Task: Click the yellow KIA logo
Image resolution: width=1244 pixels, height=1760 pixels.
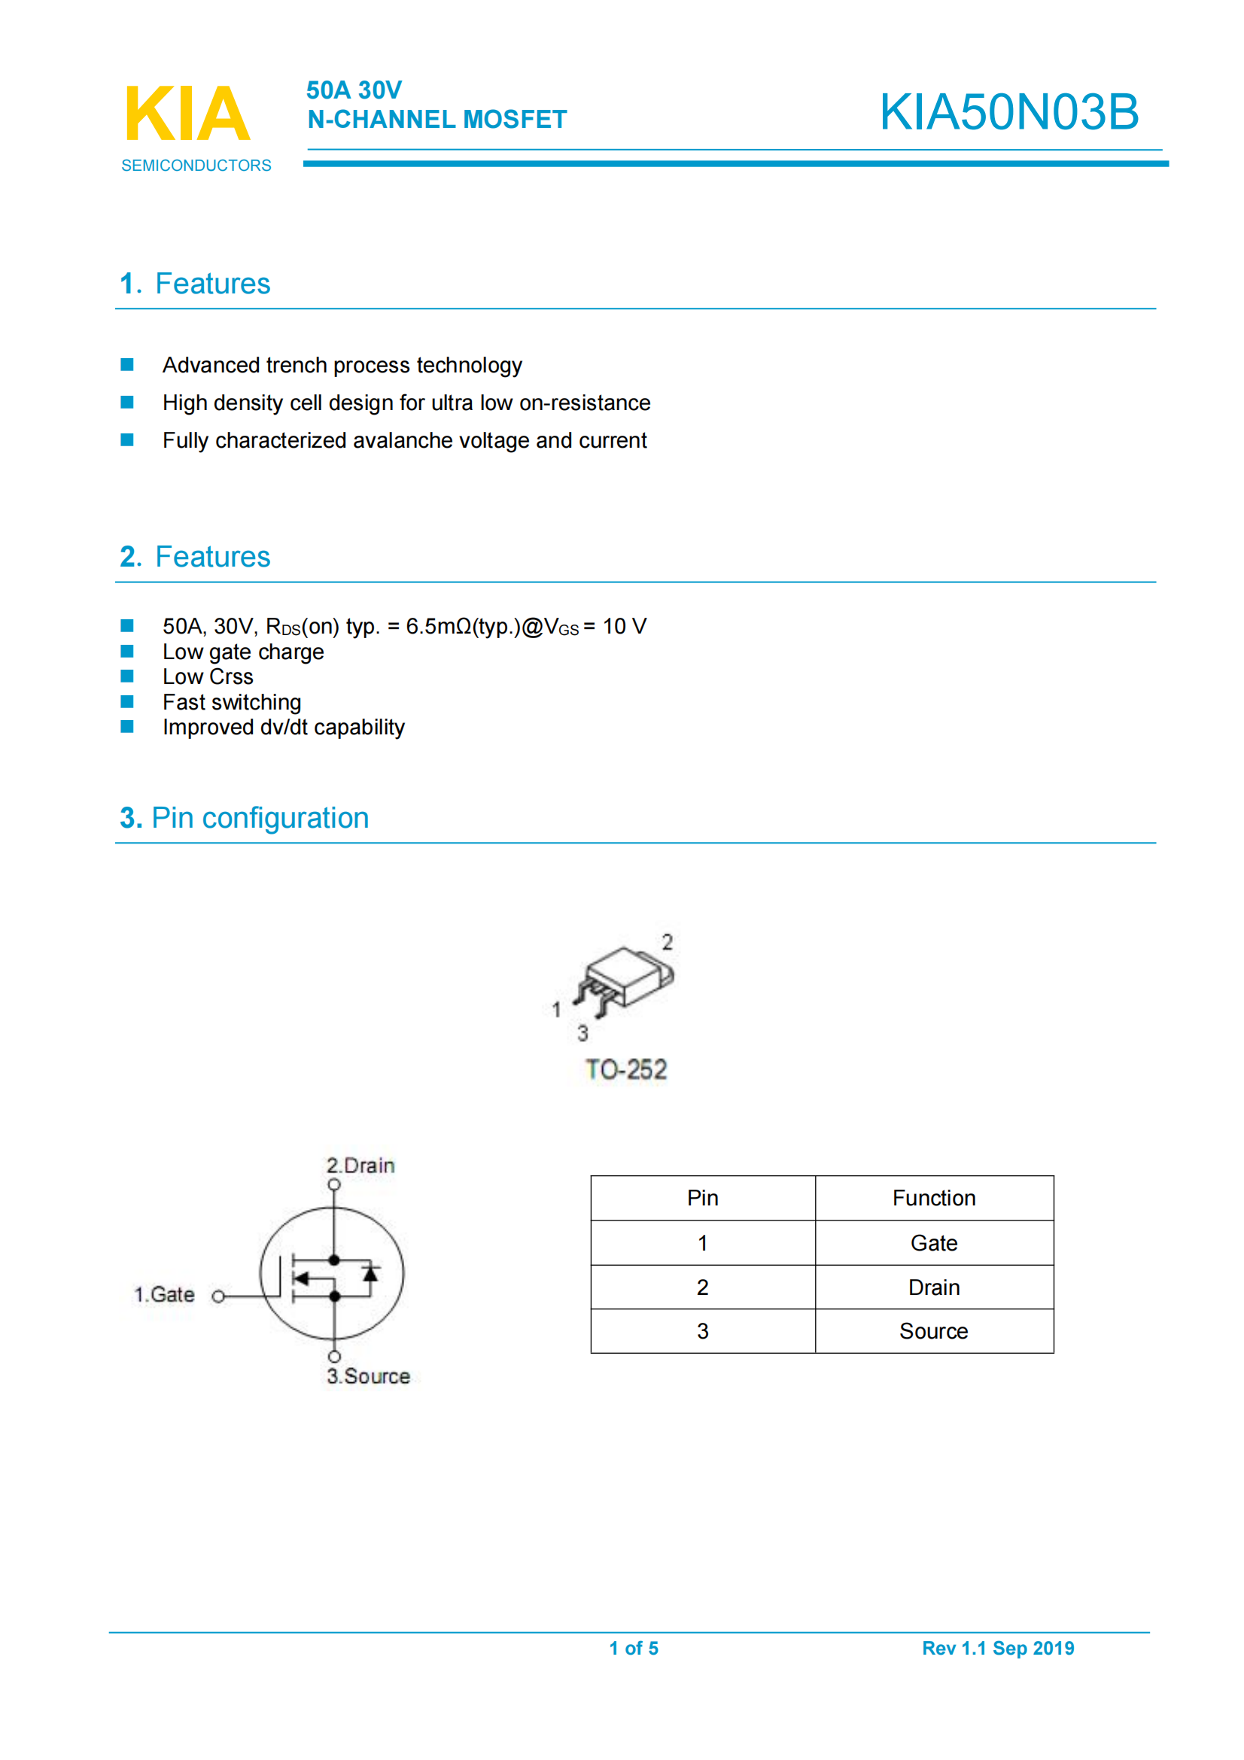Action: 187,114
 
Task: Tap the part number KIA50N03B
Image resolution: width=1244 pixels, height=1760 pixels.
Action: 1008,112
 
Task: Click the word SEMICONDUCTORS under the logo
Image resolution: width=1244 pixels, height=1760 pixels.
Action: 196,166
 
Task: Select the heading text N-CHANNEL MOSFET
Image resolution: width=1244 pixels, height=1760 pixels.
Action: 437,120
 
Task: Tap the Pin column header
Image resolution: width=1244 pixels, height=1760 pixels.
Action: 702,1198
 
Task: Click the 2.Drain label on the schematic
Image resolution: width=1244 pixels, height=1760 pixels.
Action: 360,1166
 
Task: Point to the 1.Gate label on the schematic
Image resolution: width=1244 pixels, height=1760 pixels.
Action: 165,1295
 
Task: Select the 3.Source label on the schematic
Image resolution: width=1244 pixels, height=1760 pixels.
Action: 368,1376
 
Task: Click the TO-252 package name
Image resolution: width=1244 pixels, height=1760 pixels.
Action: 625,1069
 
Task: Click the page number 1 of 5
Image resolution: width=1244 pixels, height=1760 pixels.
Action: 633,1648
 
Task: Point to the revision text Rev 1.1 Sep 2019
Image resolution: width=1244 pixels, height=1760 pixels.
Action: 997,1648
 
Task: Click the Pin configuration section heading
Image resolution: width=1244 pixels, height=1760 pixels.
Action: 245,818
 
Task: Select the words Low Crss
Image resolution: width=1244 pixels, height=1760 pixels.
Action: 208,677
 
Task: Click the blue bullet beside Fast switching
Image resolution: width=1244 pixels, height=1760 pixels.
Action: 127,701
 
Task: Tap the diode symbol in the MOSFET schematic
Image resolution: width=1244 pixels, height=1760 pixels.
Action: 371,1274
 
